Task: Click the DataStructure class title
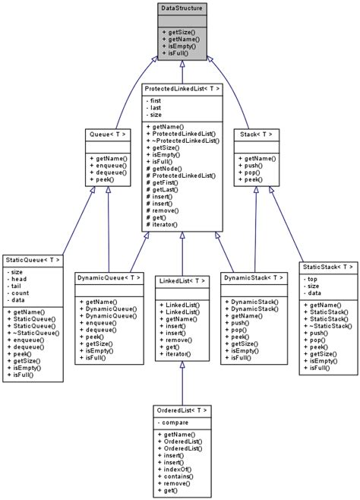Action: [x=181, y=8]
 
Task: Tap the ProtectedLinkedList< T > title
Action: [x=182, y=89]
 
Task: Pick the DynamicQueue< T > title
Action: [x=108, y=277]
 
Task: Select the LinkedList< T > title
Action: [x=182, y=280]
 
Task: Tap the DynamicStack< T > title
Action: [x=254, y=277]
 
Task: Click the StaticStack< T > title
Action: [x=328, y=267]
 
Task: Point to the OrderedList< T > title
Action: [x=182, y=410]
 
